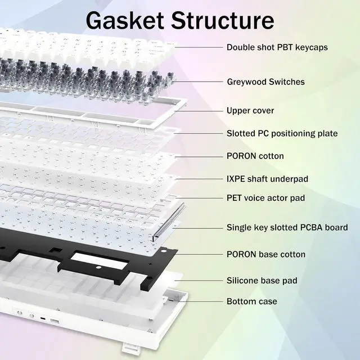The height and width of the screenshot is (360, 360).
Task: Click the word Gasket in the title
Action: (123, 20)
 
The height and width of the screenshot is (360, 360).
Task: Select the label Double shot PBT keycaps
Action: (277, 47)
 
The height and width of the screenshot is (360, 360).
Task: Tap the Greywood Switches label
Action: (265, 82)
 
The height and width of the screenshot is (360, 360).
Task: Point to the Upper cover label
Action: (250, 110)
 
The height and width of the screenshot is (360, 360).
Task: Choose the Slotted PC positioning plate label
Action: (282, 133)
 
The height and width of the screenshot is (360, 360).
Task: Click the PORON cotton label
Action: (255, 156)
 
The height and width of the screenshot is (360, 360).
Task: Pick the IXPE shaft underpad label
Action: (267, 179)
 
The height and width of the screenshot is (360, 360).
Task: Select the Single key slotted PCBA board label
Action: (287, 228)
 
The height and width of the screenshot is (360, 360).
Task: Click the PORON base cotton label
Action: (266, 254)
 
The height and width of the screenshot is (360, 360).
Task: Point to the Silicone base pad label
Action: (262, 280)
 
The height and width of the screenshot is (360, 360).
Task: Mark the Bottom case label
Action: (251, 301)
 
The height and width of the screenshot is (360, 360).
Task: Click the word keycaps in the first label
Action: (309, 47)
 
